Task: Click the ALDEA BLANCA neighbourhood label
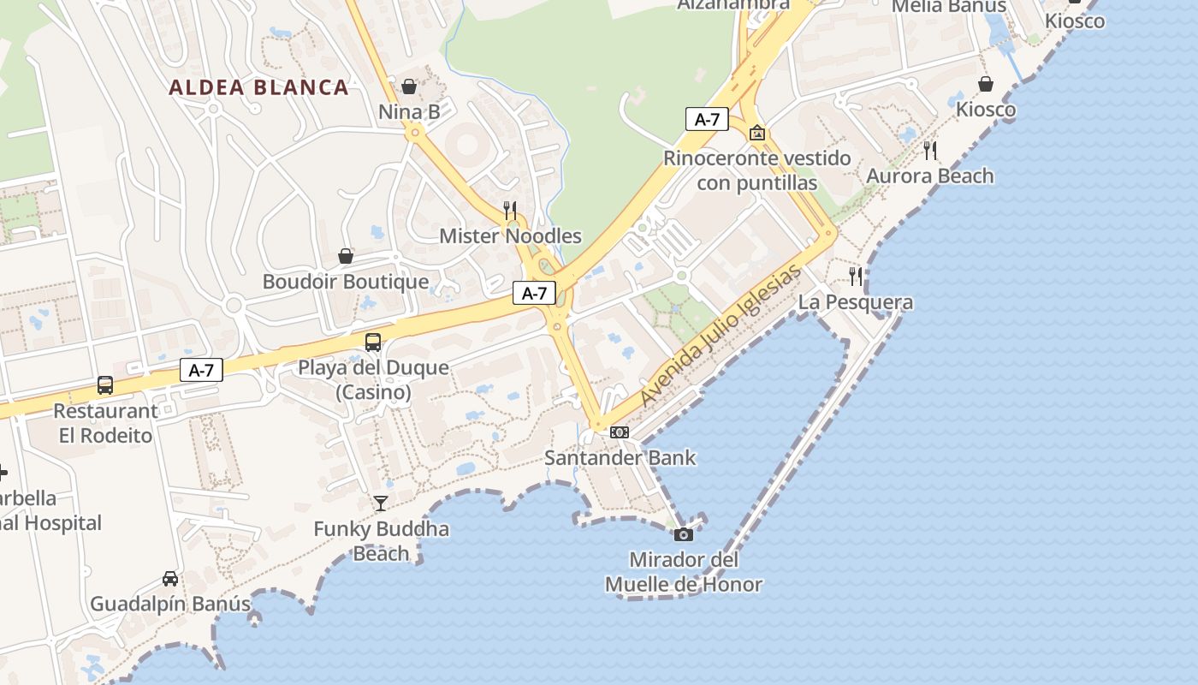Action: tap(258, 87)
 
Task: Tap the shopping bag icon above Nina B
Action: tap(409, 86)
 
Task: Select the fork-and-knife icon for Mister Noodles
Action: tap(510, 210)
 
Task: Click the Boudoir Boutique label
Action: tap(346, 282)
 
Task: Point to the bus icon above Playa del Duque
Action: tap(373, 342)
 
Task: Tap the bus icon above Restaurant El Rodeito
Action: tap(105, 385)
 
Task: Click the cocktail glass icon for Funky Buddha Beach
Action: tap(381, 503)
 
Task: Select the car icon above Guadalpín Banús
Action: tap(170, 579)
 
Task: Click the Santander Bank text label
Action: tap(620, 458)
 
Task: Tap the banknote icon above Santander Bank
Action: tap(620, 432)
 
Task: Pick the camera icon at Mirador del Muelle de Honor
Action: tap(683, 534)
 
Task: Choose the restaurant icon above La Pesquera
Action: tap(856, 276)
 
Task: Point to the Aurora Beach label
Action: tap(930, 176)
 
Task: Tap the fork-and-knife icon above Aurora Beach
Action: tap(930, 151)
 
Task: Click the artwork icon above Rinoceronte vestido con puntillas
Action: tap(757, 133)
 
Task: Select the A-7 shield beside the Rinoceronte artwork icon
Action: tap(707, 119)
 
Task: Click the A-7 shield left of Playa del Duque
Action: tap(201, 370)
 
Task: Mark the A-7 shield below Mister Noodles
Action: tap(535, 293)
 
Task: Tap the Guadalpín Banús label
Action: tap(170, 604)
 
